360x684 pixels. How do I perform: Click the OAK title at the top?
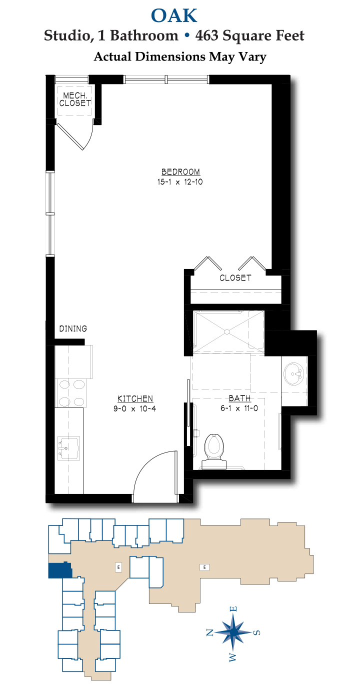click(174, 16)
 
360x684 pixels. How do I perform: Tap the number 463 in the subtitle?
click(207, 35)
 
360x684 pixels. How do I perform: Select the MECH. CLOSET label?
click(75, 99)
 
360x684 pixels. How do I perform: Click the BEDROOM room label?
click(180, 172)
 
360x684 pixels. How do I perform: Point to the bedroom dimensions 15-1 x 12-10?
click(180, 182)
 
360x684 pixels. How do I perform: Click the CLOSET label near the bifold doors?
click(235, 278)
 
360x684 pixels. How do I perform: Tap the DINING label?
click(73, 328)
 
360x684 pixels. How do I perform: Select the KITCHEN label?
click(135, 399)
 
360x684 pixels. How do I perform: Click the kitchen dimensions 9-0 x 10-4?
click(134, 408)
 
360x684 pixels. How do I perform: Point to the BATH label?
click(239, 398)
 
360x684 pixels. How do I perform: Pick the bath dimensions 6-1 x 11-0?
click(239, 408)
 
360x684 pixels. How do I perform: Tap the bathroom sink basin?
click(294, 374)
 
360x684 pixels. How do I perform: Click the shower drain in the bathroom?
click(227, 331)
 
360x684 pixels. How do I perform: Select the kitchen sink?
click(68, 448)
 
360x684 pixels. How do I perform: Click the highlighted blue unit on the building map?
click(60, 570)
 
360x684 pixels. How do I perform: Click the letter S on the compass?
click(257, 632)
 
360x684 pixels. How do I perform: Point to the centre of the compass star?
click(233, 631)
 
